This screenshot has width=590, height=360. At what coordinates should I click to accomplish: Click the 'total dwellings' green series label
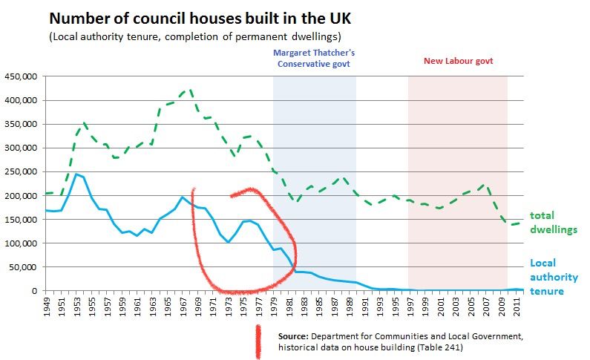(553, 222)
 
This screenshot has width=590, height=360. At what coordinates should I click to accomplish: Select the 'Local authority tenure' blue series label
(553, 277)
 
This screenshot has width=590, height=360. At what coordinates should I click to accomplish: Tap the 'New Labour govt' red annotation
(458, 61)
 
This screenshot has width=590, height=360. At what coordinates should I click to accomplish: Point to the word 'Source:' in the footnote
(293, 337)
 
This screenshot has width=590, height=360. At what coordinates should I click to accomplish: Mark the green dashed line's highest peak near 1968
(190, 89)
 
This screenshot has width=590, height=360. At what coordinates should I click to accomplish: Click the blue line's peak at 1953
(76, 174)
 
